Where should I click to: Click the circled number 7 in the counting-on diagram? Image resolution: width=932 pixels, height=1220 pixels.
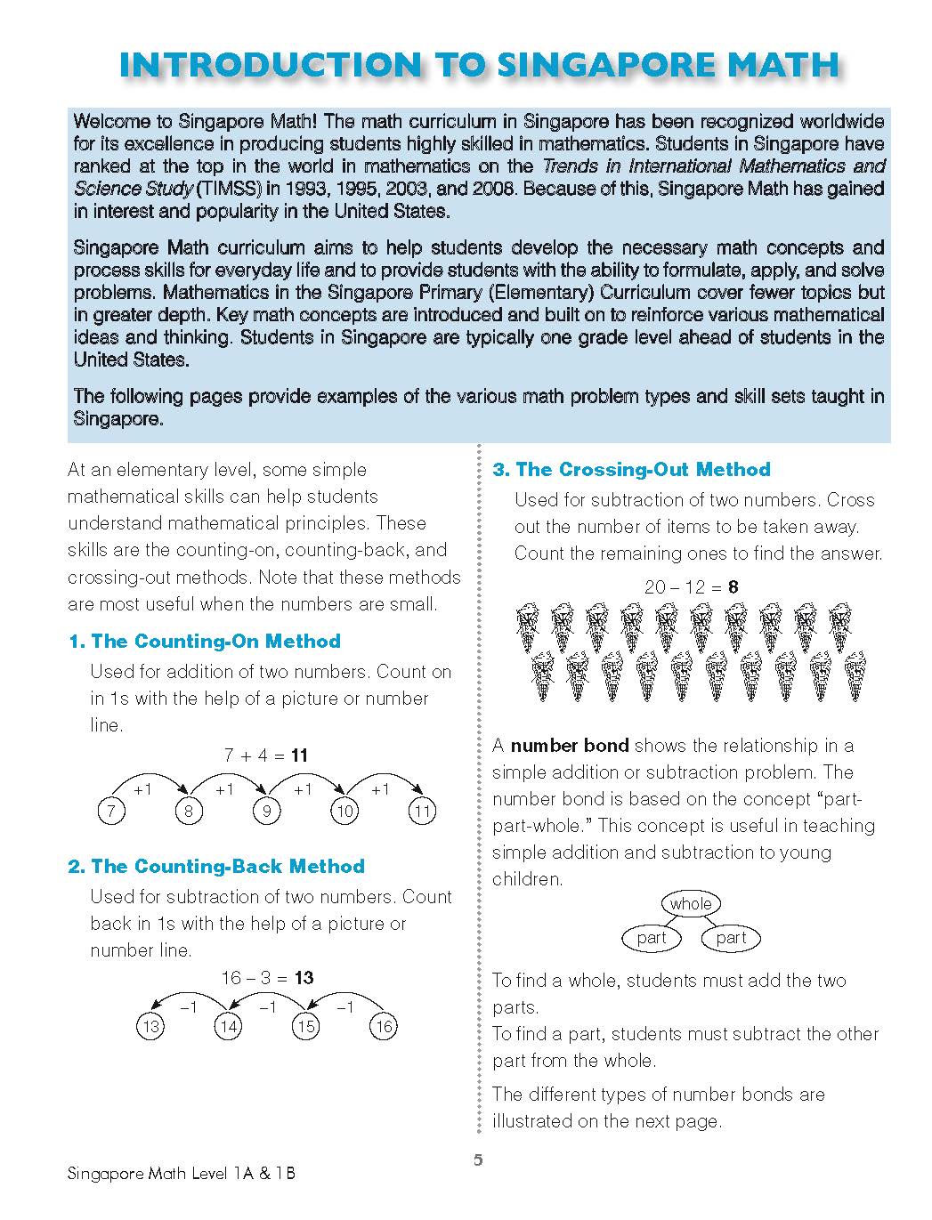(110, 812)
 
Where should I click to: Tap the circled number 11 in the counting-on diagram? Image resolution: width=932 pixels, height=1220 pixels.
(422, 812)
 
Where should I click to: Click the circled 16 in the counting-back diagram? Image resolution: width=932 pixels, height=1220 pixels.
(383, 1027)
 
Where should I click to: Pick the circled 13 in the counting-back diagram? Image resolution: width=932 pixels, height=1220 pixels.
(150, 1027)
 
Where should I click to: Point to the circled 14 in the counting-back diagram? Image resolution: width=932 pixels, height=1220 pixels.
(228, 1027)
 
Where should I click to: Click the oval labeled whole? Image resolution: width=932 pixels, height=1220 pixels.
(691, 904)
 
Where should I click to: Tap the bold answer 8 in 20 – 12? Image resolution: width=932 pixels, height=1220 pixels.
(733, 587)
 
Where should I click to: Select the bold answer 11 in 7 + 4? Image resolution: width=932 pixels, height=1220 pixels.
(299, 755)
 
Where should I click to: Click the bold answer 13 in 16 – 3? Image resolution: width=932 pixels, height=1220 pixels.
(304, 978)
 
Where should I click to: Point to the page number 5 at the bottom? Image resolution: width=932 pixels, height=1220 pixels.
(478, 1160)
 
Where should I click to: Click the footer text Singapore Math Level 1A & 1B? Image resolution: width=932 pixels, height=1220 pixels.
(182, 1174)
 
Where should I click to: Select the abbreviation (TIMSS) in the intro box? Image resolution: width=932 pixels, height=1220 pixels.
(227, 189)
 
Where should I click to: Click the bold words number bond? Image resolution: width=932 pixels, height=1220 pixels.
(570, 746)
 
